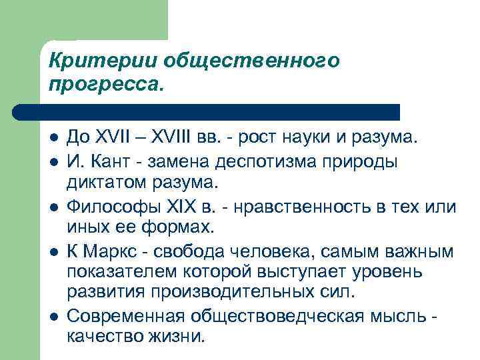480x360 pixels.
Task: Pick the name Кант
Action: click(x=108, y=161)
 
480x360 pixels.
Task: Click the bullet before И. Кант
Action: click(x=53, y=161)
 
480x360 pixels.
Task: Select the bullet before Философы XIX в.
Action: click(x=53, y=207)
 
